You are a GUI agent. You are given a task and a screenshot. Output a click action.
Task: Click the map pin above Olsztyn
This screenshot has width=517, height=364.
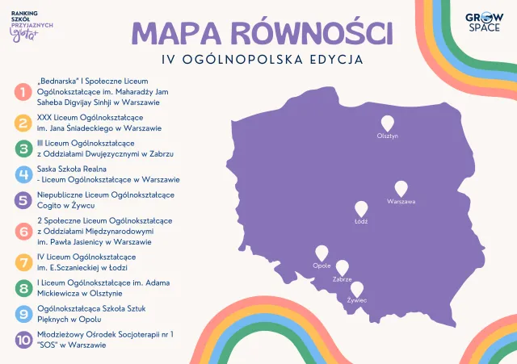tap(389, 123)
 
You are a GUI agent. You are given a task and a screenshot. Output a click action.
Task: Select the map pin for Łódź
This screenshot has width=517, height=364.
tap(361, 208)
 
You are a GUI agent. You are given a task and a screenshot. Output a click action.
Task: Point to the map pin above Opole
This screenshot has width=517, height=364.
tap(322, 253)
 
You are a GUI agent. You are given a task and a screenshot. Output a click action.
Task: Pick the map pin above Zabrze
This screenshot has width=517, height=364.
tap(342, 268)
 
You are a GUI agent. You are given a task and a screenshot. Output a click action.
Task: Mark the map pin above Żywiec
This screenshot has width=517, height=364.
tap(356, 289)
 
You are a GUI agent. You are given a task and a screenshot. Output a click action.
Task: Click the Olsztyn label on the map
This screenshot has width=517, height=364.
tap(389, 136)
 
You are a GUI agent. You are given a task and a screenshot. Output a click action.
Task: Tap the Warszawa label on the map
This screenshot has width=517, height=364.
tap(401, 201)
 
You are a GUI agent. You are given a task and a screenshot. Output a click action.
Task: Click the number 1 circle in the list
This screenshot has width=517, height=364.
tap(23, 93)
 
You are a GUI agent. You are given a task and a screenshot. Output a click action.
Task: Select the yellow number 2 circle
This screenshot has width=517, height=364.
tap(23, 123)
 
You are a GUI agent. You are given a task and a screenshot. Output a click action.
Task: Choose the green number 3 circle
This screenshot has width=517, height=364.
tap(23, 148)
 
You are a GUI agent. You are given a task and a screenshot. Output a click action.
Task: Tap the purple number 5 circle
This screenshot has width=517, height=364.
tap(23, 200)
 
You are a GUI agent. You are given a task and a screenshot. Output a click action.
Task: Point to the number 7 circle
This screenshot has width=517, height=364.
tap(23, 261)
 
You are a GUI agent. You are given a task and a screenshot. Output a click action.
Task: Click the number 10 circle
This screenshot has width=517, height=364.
tap(23, 339)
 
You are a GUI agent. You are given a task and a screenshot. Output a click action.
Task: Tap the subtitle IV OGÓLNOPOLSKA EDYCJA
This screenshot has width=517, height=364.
tap(261, 60)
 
